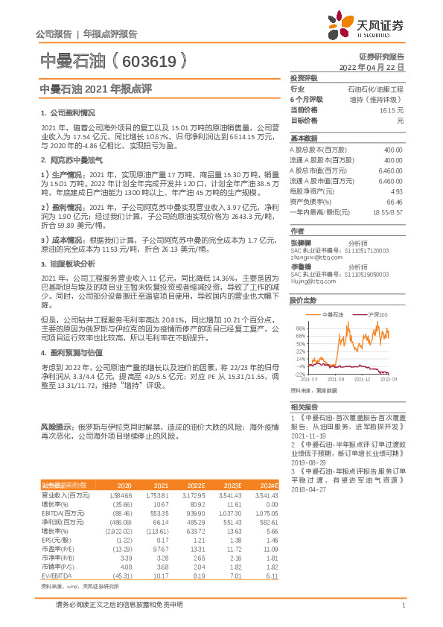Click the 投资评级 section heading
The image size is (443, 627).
pos(304,77)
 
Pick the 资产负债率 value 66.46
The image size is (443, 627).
pos(395,201)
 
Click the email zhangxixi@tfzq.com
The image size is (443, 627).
pos(311,257)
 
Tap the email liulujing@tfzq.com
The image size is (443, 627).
pos(308,282)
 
